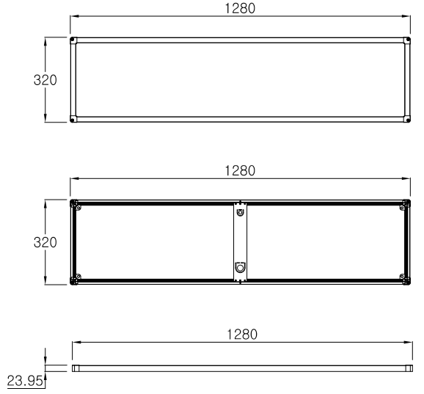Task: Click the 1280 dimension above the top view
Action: pos(240,8)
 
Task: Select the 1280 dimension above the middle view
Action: pos(240,171)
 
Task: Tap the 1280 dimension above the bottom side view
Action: pos(242,335)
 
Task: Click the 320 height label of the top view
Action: pos(45,80)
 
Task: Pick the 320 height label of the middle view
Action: pos(45,242)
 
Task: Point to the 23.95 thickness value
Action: pos(25,381)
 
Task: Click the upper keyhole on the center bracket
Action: pos(240,213)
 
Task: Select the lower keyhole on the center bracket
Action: pos(240,268)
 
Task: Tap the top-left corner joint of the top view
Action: pos(73,40)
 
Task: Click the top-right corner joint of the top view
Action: pos(407,40)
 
